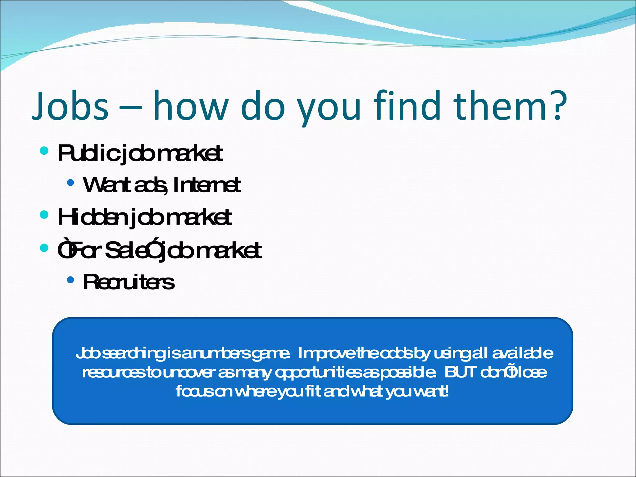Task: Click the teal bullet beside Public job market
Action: tap(44, 151)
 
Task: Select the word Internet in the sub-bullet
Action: tap(207, 185)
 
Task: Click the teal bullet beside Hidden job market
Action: tap(44, 215)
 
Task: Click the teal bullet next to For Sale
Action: tap(44, 248)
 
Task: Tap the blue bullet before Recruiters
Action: tap(70, 280)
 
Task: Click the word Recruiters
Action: tap(129, 283)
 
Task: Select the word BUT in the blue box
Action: tap(461, 372)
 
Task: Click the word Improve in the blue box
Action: tap(326, 354)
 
